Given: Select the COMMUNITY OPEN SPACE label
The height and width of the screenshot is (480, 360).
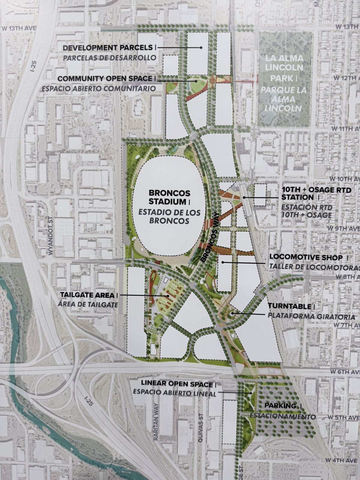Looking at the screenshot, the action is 105,79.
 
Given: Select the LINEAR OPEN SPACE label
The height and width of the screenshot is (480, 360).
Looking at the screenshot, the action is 178,384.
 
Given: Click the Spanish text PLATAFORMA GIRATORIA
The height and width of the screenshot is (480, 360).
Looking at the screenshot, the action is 311,317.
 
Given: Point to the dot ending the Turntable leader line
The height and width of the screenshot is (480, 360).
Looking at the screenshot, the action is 232,314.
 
